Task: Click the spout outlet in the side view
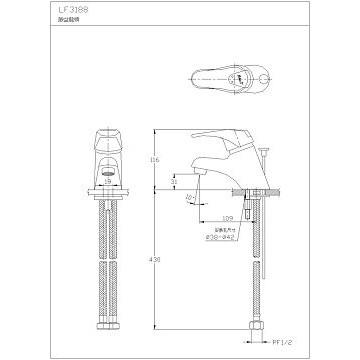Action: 196,177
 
